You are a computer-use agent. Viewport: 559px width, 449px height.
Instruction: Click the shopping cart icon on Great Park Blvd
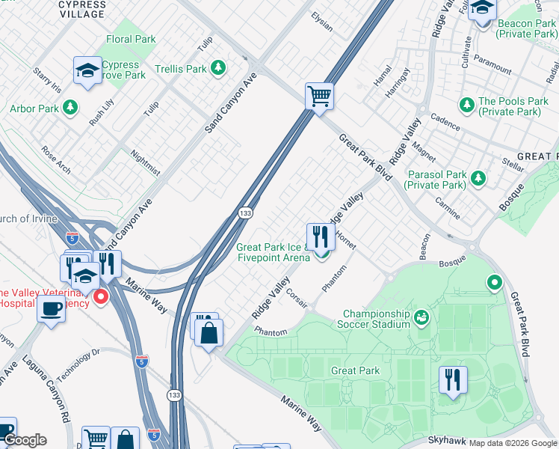point(319,96)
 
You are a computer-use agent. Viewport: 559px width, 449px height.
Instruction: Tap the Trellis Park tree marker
point(218,69)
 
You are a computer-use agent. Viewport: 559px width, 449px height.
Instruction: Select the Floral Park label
point(131,39)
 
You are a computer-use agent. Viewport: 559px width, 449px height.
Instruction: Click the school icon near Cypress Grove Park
point(87,72)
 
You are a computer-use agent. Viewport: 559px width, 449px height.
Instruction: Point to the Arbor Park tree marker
point(70,109)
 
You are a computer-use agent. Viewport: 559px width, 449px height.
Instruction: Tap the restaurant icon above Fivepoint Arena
point(321,236)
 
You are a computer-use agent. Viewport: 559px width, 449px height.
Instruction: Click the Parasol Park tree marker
point(478,178)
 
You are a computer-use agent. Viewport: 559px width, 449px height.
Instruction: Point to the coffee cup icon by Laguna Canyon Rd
point(51,308)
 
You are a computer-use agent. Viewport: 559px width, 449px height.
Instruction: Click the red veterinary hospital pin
point(100,298)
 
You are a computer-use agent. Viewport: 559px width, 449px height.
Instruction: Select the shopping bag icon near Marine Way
point(210,332)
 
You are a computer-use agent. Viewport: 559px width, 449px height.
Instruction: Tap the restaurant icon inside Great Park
point(453,380)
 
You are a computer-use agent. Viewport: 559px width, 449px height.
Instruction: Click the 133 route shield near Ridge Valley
point(244,213)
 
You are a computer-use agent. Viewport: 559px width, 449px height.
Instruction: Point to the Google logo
point(25,440)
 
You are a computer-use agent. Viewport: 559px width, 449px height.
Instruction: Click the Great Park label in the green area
point(355,370)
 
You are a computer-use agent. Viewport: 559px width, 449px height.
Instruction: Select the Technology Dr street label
point(78,364)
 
